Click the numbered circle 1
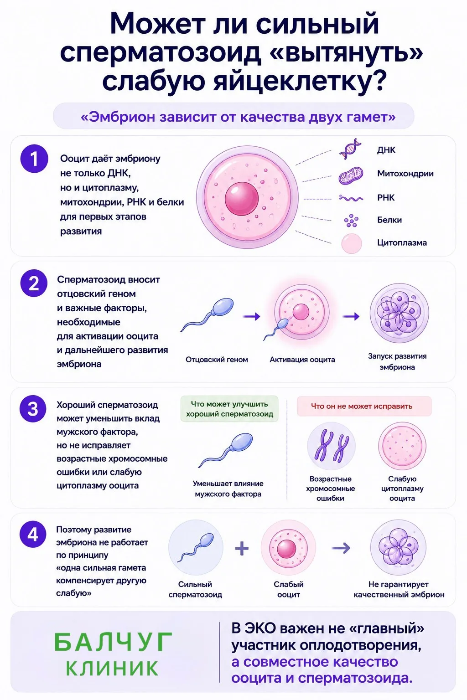point(34,159)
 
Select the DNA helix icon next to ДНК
point(350,149)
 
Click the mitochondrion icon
point(351,175)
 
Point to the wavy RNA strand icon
point(351,198)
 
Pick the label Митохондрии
point(405,174)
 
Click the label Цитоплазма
point(402,243)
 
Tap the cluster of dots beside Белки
point(351,221)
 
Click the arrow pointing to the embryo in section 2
point(351,317)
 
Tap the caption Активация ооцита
point(302,360)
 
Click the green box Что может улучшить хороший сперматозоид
point(229,409)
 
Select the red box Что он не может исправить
point(364,406)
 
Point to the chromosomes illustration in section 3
point(331,446)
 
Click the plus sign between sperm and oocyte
point(242,548)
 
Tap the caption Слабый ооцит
point(288,589)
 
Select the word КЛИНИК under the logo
point(112,669)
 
